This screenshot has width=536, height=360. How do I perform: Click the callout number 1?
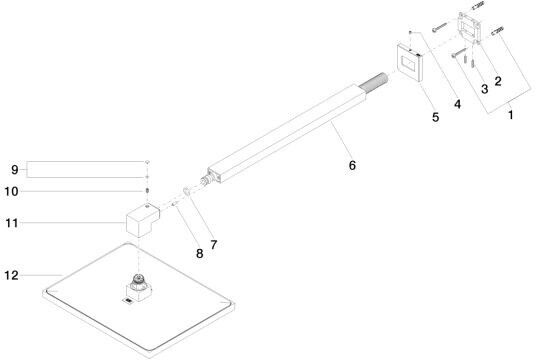pos(510,115)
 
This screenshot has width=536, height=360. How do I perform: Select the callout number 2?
pos(498,81)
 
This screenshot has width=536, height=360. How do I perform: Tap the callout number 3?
pos(484,89)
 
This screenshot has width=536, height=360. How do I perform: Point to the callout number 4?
pos(457,104)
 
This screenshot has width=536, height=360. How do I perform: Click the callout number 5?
pos(435,117)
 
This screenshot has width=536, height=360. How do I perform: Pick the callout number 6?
pos(352,165)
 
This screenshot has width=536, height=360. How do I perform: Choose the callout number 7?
pos(214,245)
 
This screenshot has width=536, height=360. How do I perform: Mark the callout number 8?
pos(199,254)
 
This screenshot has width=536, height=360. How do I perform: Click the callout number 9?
pos(14,170)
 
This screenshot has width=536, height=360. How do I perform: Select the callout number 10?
pos(11,191)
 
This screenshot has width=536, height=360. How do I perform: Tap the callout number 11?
pos(12,223)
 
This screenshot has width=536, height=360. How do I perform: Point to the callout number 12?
pos(11,275)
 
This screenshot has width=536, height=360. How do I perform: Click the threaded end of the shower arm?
pos(373,83)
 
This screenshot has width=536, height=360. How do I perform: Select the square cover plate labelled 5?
pos(410,63)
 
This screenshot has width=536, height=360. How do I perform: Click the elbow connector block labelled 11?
pos(143,221)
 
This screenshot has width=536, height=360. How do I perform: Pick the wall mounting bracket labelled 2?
pos(470,28)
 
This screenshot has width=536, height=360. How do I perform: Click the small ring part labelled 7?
pos(187,191)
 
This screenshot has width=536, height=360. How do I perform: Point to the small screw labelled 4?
pos(411,32)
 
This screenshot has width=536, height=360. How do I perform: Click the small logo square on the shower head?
pos(128,301)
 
